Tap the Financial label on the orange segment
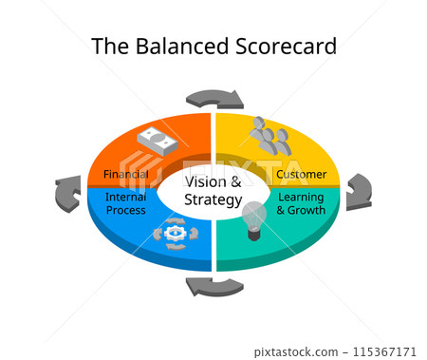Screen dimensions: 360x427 click(125, 175)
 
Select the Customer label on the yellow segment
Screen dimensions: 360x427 click(301, 175)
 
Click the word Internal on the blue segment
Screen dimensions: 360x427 click(125, 197)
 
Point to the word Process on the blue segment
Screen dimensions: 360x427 click(125, 210)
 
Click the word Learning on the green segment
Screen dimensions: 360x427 click(300, 197)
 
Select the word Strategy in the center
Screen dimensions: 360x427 click(213, 199)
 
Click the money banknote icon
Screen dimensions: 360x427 click(158, 141)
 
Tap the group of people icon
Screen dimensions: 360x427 click(269, 137)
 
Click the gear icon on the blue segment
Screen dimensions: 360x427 click(176, 233)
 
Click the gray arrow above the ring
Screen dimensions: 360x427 click(214, 98)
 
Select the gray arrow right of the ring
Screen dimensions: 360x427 click(358, 191)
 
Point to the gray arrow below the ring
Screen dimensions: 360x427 click(213, 286)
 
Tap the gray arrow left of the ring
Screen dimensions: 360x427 click(68, 193)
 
